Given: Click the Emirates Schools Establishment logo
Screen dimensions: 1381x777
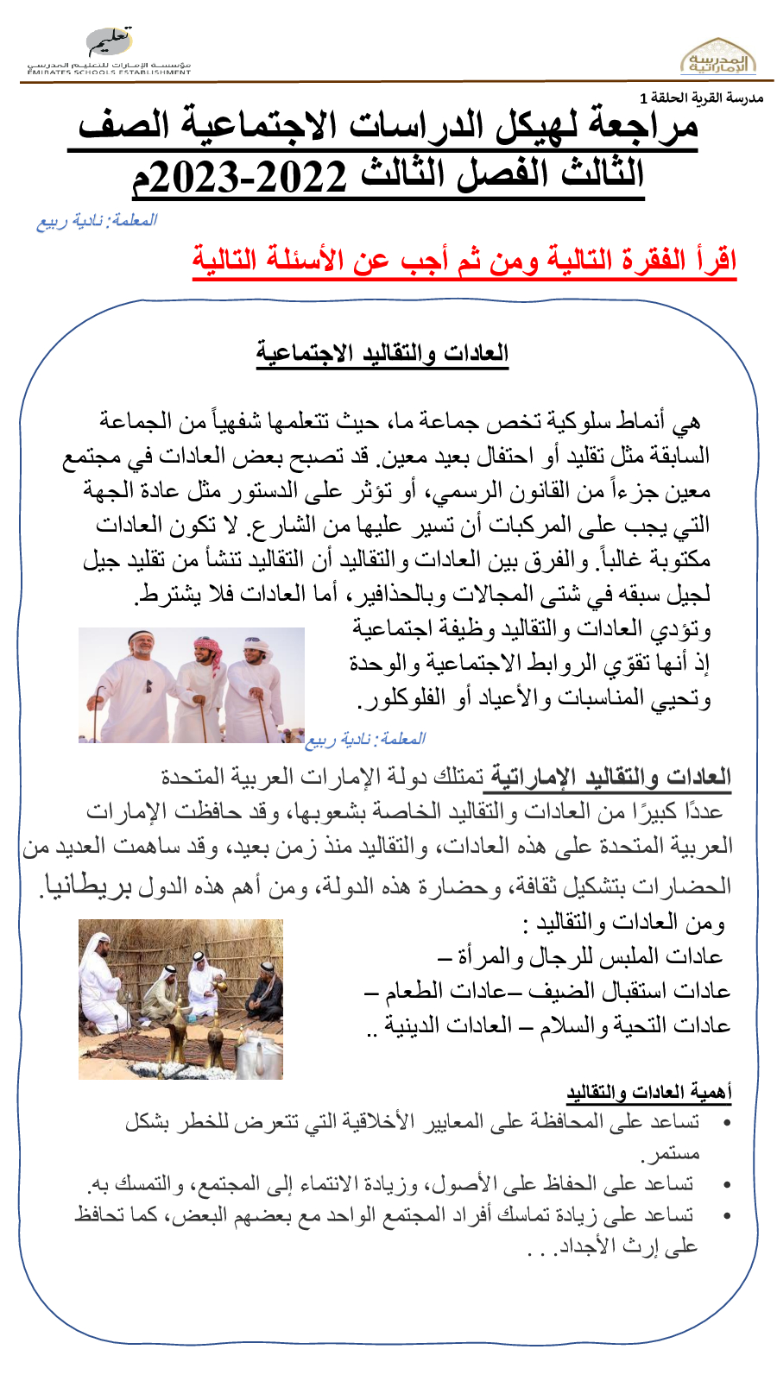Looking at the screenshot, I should tap(110, 52).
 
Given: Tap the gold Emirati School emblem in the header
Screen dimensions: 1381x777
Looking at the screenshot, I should tap(717, 57).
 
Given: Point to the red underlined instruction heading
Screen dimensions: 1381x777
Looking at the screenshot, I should tap(464, 260).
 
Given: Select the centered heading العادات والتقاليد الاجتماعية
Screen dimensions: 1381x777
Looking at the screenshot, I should tap(382, 354).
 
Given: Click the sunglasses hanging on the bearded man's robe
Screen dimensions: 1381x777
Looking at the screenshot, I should tap(148, 686).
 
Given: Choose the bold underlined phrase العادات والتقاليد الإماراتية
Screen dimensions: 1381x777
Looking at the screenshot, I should tap(607, 777).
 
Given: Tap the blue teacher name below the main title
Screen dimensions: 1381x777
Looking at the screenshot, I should tap(96, 221).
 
